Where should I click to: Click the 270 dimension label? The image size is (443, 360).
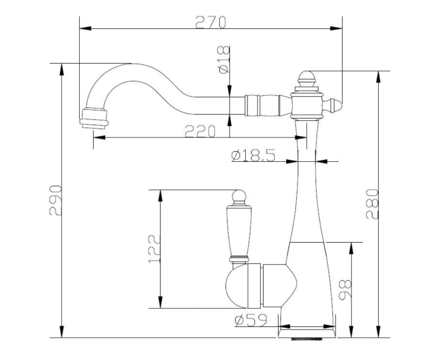click(211, 22)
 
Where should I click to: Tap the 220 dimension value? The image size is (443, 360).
click(200, 131)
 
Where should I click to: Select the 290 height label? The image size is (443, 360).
click(55, 200)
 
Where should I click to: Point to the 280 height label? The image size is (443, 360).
click(372, 204)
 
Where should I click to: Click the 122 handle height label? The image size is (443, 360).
click(154, 249)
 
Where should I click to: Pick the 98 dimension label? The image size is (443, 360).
click(344, 289)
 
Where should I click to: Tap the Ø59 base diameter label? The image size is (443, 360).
click(251, 320)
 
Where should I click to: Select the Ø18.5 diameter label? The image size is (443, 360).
click(253, 155)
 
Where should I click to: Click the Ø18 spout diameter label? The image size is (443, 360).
click(224, 60)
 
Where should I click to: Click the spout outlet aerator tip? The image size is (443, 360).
click(94, 119)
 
